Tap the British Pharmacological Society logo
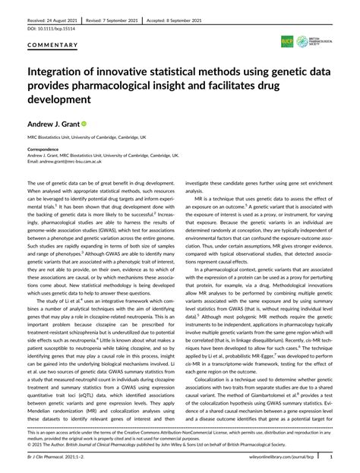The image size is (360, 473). tap(314, 39)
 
